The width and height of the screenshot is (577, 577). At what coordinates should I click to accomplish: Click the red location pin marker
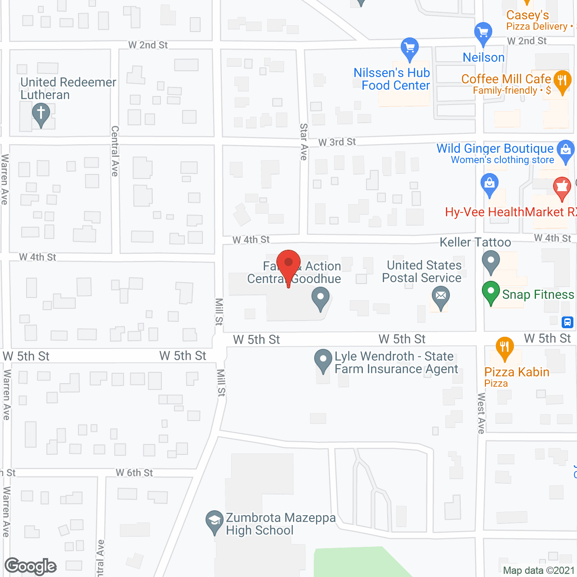pos(288,264)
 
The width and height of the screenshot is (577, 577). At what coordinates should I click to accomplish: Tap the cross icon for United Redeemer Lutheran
pos(41,113)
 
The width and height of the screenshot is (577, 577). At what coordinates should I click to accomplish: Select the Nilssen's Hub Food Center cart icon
pos(410,48)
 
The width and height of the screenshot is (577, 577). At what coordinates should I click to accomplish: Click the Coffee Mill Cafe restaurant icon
pos(562,81)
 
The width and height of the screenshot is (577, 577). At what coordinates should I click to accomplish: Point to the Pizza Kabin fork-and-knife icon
pos(504,348)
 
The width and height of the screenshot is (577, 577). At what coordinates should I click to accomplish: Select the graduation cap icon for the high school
pos(214,521)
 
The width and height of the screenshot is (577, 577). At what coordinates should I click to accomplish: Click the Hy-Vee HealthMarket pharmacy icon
pos(562,187)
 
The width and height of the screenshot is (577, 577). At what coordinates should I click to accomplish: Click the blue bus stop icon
pos(567,322)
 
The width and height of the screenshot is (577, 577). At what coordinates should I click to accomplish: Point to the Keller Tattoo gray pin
pos(491,261)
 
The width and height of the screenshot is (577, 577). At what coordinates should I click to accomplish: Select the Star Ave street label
pos(304,142)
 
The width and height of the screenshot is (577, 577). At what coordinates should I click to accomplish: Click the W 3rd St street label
pos(337,142)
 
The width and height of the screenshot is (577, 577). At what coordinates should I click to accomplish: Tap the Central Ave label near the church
pos(115,151)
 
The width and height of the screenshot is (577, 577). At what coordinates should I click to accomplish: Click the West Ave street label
pos(481,413)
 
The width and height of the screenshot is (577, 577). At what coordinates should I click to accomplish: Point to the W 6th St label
pos(134,473)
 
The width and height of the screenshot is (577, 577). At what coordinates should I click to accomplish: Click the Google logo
pos(31,566)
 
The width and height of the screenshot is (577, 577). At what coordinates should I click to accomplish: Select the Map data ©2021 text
pos(539,570)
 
